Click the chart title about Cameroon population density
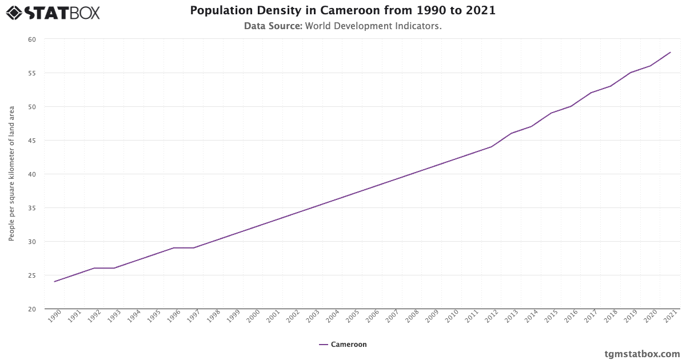(342, 11)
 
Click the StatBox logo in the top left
(53, 13)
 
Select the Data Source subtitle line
(342, 26)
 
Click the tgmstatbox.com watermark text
(642, 354)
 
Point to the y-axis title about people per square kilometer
(11, 174)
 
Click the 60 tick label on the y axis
(31, 39)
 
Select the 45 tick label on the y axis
(31, 141)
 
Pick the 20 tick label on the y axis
(31, 309)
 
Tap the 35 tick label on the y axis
(31, 208)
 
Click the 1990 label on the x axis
(54, 317)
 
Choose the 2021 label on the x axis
(669, 317)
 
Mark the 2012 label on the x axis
(490, 317)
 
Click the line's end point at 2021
(671, 53)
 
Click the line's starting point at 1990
(55, 282)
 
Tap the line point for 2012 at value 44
(492, 147)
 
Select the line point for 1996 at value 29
(174, 248)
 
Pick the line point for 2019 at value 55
(631, 73)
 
